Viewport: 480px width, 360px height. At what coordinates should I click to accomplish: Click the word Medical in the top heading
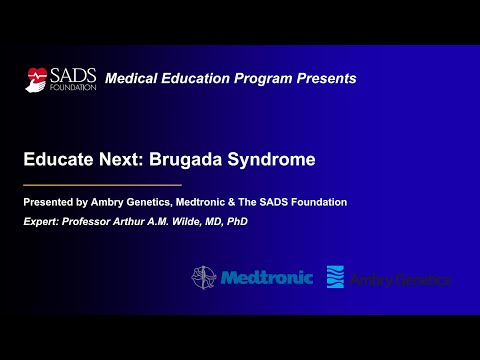(x=131, y=78)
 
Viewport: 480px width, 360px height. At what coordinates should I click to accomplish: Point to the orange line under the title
(x=103, y=185)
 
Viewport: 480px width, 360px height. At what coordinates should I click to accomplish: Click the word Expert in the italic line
(x=43, y=221)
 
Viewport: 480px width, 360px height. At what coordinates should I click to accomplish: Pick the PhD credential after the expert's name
(x=236, y=221)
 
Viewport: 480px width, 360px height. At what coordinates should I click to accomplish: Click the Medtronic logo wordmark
(x=266, y=277)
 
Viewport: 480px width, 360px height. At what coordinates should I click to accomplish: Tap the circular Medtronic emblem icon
(x=205, y=277)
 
